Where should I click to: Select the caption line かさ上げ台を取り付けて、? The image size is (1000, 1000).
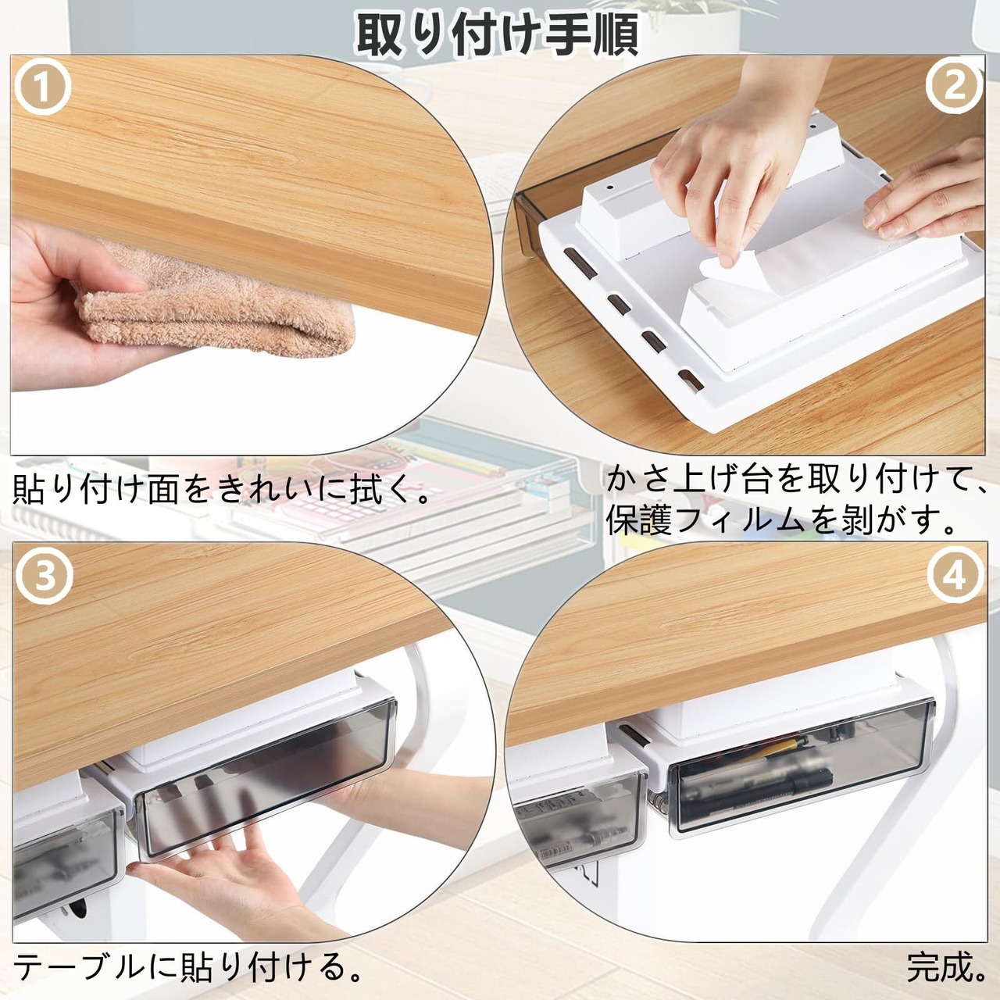(x=794, y=480)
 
